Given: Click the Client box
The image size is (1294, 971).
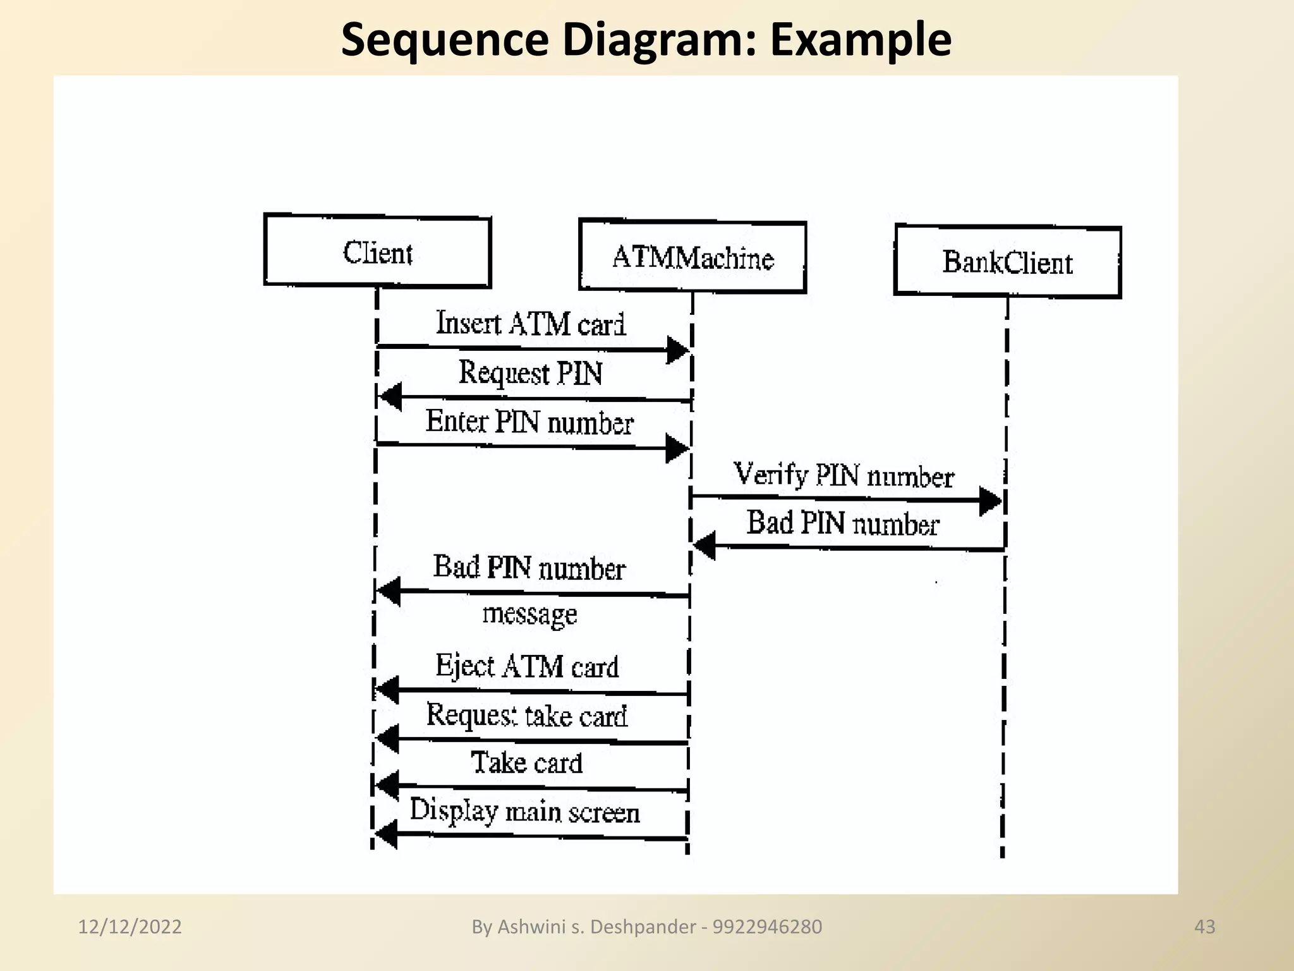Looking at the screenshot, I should pyautogui.click(x=377, y=252).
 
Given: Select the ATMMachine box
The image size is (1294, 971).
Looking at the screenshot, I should pyautogui.click(x=692, y=257).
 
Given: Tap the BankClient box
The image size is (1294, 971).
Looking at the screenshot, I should pyautogui.click(x=1007, y=261).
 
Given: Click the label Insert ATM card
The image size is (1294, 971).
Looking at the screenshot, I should pyautogui.click(x=531, y=323).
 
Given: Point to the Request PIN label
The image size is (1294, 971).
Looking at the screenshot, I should pyautogui.click(x=530, y=372).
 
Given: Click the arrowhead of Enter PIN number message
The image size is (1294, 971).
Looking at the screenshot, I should pyautogui.click(x=677, y=448).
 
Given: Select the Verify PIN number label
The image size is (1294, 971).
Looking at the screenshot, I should pyautogui.click(x=844, y=475).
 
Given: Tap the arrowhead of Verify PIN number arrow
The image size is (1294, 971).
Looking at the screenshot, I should pyautogui.click(x=990, y=501).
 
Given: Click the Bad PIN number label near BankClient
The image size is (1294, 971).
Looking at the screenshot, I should pyautogui.click(x=843, y=523).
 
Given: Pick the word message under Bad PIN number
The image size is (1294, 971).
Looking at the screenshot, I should pyautogui.click(x=529, y=614).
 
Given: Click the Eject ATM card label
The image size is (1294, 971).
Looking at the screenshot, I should pyautogui.click(x=527, y=666).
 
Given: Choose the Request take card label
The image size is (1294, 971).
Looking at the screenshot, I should pyautogui.click(x=526, y=716).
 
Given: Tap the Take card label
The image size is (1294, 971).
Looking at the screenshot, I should pyautogui.click(x=526, y=762).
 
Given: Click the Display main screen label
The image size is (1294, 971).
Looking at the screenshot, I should pyautogui.click(x=524, y=811).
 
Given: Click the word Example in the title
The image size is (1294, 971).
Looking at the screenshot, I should pyautogui.click(x=861, y=39).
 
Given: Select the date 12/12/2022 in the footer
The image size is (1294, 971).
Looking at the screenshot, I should pyautogui.click(x=130, y=927).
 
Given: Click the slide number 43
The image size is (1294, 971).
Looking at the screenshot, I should pyautogui.click(x=1204, y=927).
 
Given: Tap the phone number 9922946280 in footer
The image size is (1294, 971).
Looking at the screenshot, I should pyautogui.click(x=767, y=927).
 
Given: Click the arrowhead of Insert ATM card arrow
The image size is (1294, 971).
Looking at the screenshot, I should pyautogui.click(x=677, y=350).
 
